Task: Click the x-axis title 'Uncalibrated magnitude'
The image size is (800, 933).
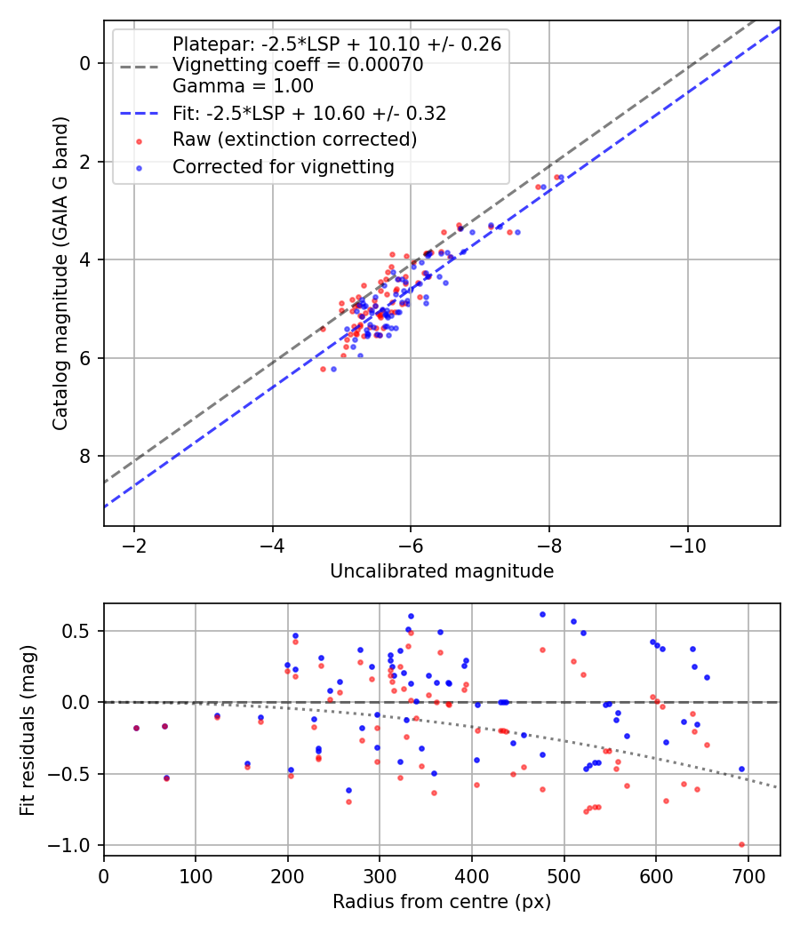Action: click(442, 571)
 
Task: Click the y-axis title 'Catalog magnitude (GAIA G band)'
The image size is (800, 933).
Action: click(60, 273)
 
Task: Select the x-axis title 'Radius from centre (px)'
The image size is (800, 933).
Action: click(442, 902)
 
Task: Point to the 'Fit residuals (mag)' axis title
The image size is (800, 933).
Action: click(28, 730)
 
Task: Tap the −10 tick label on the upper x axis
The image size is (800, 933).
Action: click(687, 546)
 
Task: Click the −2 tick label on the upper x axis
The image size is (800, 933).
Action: click(134, 546)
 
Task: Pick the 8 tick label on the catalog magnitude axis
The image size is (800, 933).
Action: click(85, 457)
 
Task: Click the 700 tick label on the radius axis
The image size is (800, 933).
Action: click(748, 876)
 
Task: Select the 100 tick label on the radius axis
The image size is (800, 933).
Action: click(196, 876)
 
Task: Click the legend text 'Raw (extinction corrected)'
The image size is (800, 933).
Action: click(294, 140)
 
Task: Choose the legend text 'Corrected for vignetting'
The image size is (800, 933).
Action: click(284, 167)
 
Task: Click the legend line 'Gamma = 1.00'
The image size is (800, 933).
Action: click(243, 85)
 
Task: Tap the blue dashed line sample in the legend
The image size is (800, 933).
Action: click(140, 113)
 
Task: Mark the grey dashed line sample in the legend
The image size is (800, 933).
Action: click(140, 67)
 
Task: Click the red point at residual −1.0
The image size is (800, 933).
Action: click(741, 844)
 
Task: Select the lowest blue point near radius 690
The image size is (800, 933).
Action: click(741, 770)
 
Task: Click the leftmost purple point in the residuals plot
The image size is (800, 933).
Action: click(136, 729)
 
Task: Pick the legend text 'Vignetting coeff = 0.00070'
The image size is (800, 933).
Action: click(298, 64)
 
